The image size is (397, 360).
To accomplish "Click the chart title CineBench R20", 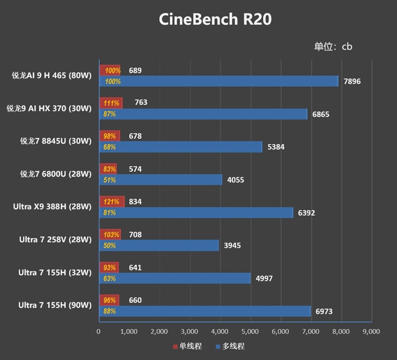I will (215, 20).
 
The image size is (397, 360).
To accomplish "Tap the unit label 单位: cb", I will (333, 47).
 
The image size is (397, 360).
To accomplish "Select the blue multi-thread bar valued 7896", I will (219, 81).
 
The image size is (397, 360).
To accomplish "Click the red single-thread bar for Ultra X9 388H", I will (112, 202).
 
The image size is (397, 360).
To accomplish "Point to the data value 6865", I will (321, 115).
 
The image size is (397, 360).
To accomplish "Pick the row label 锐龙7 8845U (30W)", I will (56, 141).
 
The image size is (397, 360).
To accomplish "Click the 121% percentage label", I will (112, 202).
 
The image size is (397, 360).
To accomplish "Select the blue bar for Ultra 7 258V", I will (159, 245).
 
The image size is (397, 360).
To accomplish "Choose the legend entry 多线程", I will (230, 346).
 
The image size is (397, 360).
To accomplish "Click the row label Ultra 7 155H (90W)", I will (55, 305).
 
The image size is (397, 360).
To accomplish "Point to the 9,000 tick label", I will (371, 331).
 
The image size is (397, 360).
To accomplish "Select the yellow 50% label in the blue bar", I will (110, 245).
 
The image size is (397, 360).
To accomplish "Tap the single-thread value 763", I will (141, 103).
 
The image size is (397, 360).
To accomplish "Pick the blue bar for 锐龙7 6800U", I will (161, 180).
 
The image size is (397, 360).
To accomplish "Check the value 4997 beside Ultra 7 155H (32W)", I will (264, 278).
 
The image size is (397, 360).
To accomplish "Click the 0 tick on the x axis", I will (99, 331).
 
